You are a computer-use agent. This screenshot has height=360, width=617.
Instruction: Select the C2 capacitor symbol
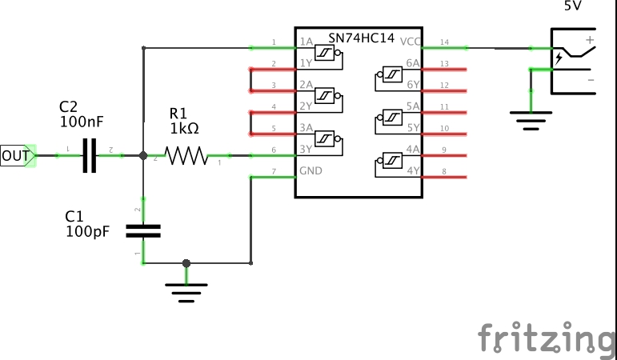[x=90, y=155]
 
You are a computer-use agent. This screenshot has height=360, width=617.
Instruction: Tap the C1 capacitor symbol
[x=144, y=230]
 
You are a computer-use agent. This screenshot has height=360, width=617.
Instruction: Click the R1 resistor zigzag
[x=186, y=155]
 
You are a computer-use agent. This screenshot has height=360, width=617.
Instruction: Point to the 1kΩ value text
[x=183, y=128]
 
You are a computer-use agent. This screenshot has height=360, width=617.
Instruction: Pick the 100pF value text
[x=87, y=231]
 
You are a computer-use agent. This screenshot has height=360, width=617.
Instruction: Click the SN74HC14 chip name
[x=362, y=38]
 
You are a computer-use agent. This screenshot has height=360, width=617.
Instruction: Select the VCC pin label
[x=410, y=42]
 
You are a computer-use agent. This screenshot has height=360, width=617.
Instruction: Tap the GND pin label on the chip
[x=311, y=171]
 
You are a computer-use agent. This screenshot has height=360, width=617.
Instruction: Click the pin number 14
[x=445, y=42]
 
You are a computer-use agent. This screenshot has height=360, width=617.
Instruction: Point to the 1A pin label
[x=306, y=42]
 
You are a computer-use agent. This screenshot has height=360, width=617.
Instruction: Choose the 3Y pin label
[x=306, y=150]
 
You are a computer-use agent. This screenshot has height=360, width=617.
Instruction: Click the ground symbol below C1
[x=186, y=292]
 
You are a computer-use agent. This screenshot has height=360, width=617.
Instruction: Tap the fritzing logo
[x=547, y=337]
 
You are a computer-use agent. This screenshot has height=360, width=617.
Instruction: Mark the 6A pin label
[x=413, y=63]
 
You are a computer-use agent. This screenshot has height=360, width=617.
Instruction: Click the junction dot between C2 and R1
[x=143, y=155]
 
